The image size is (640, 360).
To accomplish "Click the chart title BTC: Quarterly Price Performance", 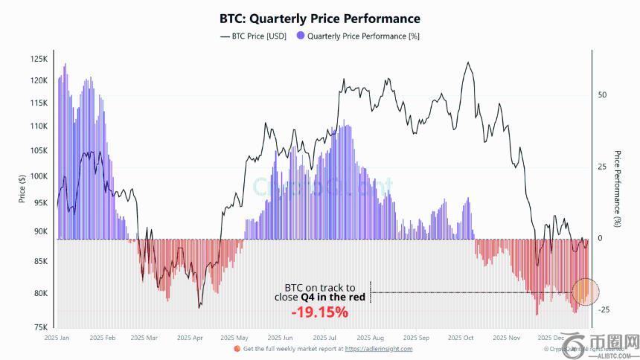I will [319, 19].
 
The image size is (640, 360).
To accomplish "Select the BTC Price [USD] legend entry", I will [253, 36].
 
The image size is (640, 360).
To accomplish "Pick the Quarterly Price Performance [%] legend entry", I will [356, 36].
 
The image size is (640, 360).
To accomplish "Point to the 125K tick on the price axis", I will [39, 59].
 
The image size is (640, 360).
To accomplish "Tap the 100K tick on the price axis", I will [39, 176].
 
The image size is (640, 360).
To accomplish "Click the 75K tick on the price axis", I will [40, 327].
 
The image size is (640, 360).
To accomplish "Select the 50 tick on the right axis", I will [603, 95].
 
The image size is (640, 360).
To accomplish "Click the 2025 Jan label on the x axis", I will [57, 338].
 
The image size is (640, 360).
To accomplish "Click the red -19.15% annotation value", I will [319, 312].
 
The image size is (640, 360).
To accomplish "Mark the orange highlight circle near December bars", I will [586, 292].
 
